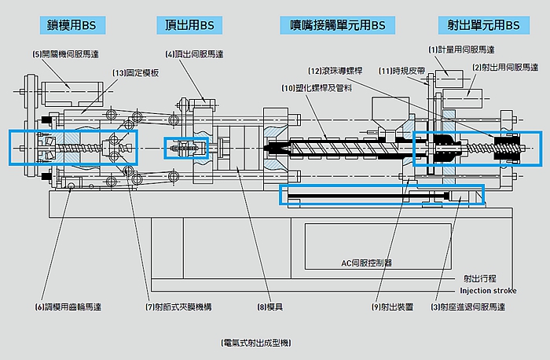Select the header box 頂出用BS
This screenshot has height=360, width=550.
(x=185, y=26)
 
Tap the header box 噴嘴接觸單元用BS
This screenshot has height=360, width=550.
(x=333, y=26)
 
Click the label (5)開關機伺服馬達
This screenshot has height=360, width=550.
(x=67, y=54)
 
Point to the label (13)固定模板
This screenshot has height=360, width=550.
(x=135, y=72)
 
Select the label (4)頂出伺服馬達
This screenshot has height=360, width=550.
(x=195, y=54)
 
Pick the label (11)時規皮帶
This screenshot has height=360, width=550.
(x=401, y=71)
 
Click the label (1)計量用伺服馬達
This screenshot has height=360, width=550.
(x=461, y=50)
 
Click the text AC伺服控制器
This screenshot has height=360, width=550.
(x=366, y=263)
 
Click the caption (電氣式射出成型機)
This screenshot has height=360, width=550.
(x=256, y=343)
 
